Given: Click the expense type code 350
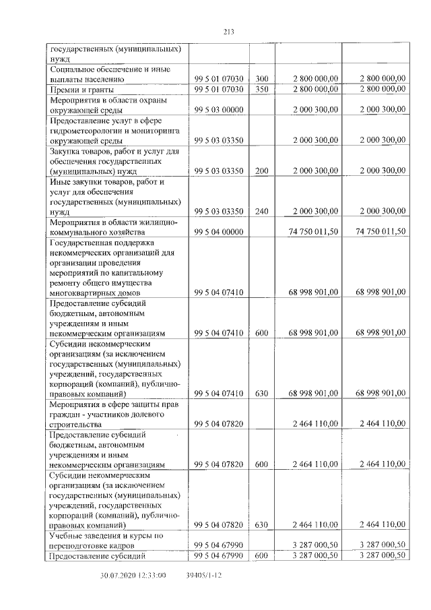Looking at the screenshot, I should (262, 89).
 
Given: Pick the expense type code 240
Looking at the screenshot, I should (262, 212).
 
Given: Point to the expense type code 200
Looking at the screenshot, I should (262, 171).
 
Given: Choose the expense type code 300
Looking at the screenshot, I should (262, 78).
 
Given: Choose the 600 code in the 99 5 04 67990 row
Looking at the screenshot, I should (262, 555).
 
